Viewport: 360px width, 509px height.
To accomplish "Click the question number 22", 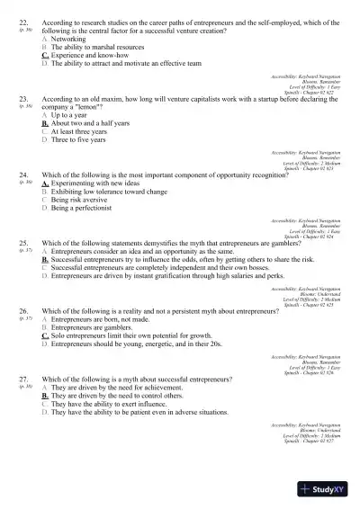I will coord(22,20).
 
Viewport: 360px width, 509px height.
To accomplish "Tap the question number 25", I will coord(22,242).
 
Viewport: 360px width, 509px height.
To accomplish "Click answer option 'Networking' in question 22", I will coord(68,40).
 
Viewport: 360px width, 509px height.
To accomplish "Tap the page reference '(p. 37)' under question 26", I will coord(25,318).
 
